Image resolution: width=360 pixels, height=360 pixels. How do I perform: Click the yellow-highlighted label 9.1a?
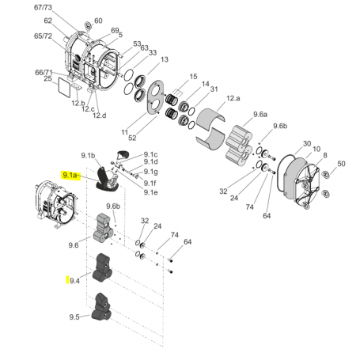(x=70, y=175)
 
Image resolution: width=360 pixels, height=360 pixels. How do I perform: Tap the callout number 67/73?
(x=43, y=7)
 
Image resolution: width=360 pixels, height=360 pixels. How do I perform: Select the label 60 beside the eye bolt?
(x=98, y=21)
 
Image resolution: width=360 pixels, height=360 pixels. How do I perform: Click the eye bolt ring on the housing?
(x=88, y=26)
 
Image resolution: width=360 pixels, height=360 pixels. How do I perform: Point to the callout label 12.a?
(x=233, y=98)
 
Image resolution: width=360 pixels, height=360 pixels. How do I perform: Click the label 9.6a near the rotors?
(x=260, y=115)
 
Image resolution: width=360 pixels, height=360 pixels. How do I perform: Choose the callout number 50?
(x=341, y=164)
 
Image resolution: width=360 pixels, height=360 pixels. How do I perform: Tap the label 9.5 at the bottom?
(x=74, y=316)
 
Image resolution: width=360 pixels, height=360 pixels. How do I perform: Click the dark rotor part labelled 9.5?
(x=101, y=307)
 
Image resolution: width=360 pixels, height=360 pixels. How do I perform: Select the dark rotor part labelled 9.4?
(x=102, y=267)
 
